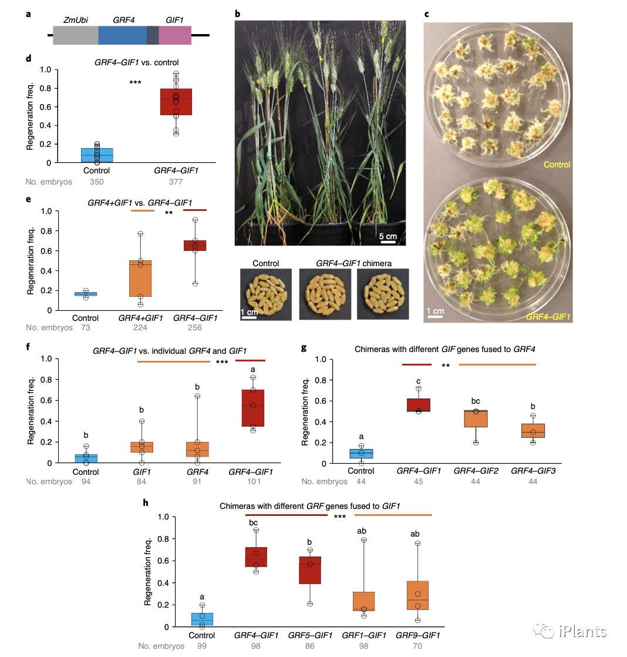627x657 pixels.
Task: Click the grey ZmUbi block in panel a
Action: [x=75, y=36]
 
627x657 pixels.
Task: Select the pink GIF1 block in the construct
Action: [x=175, y=36]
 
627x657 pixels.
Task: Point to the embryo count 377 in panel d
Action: [x=176, y=182]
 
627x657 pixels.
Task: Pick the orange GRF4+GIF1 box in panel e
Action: [x=140, y=279]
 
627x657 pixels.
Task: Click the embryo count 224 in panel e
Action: [x=140, y=328]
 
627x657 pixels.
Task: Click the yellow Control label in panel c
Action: [x=557, y=165]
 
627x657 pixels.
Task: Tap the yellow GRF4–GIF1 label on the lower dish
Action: [x=548, y=317]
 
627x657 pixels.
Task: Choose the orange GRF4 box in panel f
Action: [x=198, y=449]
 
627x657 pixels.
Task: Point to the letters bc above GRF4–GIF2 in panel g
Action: [x=476, y=401]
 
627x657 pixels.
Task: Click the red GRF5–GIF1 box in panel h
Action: [x=310, y=570]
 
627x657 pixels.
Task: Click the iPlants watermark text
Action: [x=579, y=632]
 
